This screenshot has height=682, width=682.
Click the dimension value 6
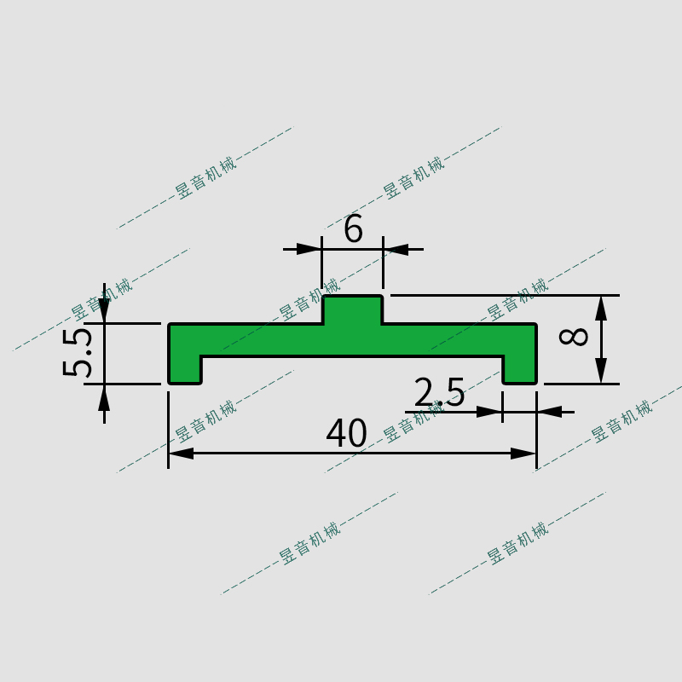click(353, 229)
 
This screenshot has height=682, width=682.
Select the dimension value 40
click(347, 434)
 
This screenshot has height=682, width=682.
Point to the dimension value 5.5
click(78, 352)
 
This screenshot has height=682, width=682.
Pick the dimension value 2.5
click(440, 393)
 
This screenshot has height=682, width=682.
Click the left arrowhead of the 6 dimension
click(309, 249)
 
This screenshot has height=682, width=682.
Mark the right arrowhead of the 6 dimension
click(396, 249)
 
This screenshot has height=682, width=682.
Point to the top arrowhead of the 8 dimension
click(601, 308)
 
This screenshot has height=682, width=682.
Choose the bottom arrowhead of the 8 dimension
click(601, 371)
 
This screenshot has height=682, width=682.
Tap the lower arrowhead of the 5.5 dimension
click(105, 396)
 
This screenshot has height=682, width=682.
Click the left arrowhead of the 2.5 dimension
click(489, 412)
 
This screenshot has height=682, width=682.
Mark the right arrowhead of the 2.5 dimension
click(550, 412)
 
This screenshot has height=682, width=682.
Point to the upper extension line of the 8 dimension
click(503, 295)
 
